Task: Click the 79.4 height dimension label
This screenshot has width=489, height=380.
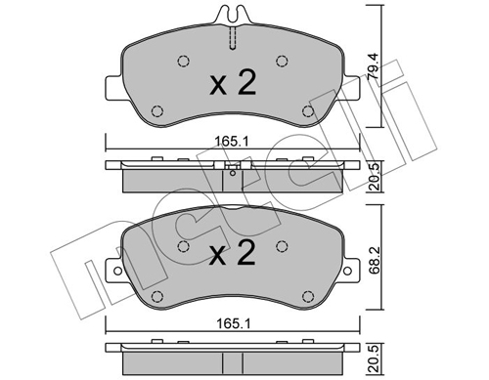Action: click(x=373, y=66)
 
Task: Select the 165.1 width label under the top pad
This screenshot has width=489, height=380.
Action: click(x=232, y=142)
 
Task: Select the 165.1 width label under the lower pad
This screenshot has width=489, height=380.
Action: click(x=234, y=323)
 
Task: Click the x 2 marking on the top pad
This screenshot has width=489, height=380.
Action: click(x=233, y=82)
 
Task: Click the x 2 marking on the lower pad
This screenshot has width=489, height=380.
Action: click(x=233, y=252)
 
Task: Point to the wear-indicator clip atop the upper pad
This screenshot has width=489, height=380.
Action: click(x=233, y=15)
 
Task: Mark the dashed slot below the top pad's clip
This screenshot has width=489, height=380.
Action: click(x=233, y=38)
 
